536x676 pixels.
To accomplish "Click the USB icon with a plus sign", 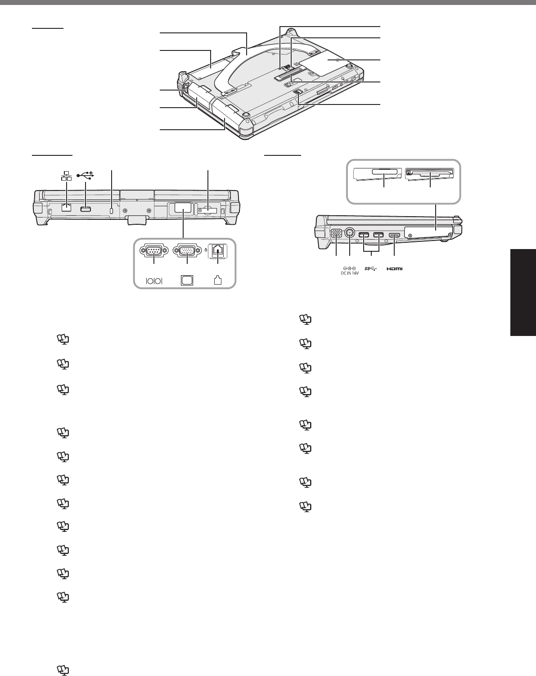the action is pyautogui.click(x=85, y=174).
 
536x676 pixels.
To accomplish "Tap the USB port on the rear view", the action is pyautogui.click(x=85, y=209).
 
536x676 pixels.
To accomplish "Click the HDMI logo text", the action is pyautogui.click(x=394, y=269).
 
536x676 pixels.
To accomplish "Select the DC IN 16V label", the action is pyautogui.click(x=349, y=271).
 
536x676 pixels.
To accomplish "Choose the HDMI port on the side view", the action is pyautogui.click(x=394, y=235).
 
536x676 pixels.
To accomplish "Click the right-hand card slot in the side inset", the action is pyautogui.click(x=430, y=173).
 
